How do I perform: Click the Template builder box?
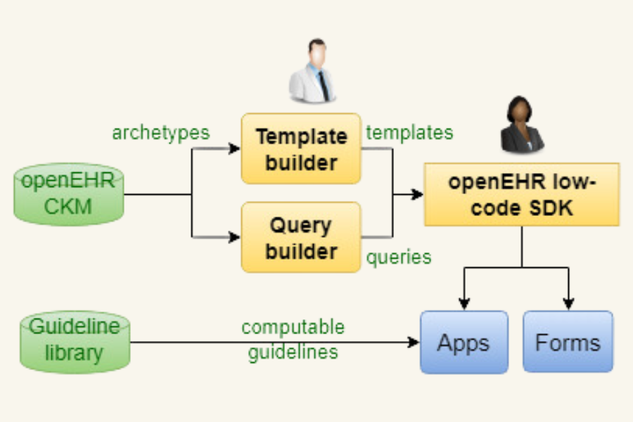301,149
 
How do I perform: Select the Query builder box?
301,238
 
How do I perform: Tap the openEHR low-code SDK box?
521,194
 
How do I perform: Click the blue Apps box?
463,343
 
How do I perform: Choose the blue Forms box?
568,343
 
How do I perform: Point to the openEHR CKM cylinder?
68,194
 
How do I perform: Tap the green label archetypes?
160,133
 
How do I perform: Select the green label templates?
409,132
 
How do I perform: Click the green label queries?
398,257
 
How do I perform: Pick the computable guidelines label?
293,339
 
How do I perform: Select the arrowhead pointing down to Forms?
568,304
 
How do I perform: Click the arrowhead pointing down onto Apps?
463,304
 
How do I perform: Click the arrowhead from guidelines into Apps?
414,343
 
